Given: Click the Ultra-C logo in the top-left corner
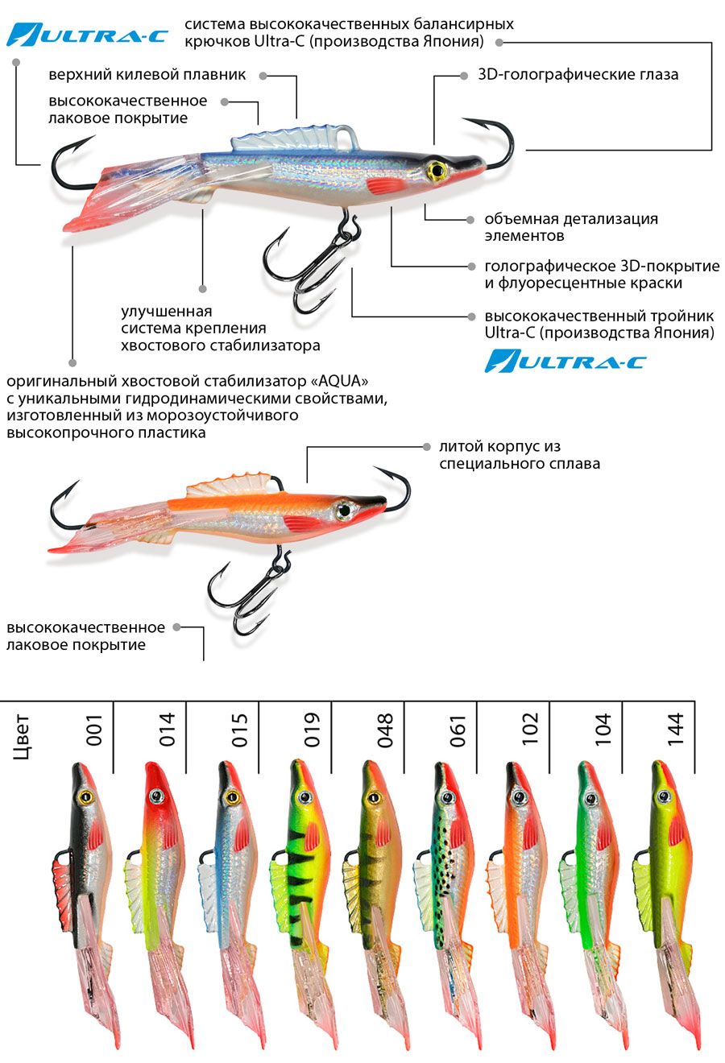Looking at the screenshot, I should pyautogui.click(x=87, y=35).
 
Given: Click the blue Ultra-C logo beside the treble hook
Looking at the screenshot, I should pyautogui.click(x=565, y=361).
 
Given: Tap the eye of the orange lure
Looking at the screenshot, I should pyautogui.click(x=345, y=509).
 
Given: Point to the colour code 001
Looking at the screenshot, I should pyautogui.click(x=94, y=730).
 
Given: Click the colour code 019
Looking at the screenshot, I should pyautogui.click(x=312, y=730).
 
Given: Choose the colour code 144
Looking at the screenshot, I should pyautogui.click(x=675, y=730).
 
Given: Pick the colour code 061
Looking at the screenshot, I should pyautogui.click(x=458, y=730).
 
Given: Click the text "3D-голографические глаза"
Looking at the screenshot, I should pyautogui.click(x=578, y=75).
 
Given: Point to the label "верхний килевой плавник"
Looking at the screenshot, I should pyautogui.click(x=147, y=75).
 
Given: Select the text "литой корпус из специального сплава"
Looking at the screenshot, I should pyautogui.click(x=519, y=455).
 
